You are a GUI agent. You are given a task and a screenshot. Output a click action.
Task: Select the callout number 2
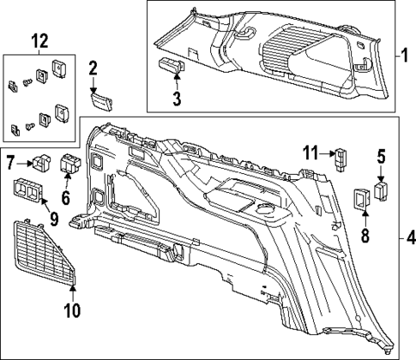(x=93, y=69)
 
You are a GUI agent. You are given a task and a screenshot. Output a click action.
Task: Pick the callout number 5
(x=381, y=157)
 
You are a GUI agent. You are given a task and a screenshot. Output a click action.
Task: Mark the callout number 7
(x=11, y=161)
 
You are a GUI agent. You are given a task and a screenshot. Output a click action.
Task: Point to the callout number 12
(x=38, y=40)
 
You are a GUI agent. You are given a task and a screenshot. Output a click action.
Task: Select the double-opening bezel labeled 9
(x=28, y=191)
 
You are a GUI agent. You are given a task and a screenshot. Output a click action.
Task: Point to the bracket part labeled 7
(x=40, y=160)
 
